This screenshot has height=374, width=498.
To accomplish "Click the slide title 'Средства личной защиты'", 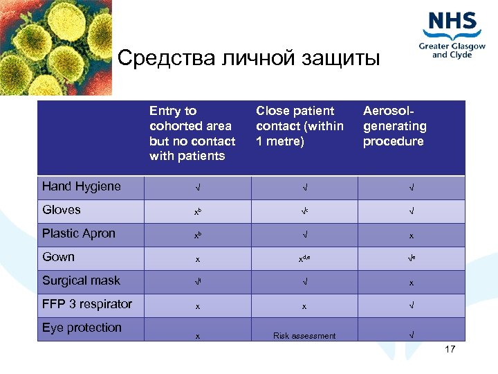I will [x=249, y=58].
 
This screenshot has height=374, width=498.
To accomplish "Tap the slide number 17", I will [x=450, y=349].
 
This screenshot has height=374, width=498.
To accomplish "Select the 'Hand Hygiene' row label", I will [x=81, y=186].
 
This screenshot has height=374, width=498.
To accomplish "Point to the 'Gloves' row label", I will [x=62, y=210].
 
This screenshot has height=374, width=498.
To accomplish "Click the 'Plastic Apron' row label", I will [x=78, y=233].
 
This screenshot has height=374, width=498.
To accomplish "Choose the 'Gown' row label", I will [x=58, y=257].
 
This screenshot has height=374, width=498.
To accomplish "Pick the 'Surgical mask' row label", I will [x=81, y=280].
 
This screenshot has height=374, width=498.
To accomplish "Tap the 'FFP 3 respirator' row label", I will [x=87, y=304].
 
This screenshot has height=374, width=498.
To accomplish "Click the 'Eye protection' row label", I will [x=82, y=328].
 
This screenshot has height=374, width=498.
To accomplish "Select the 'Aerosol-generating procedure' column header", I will [x=395, y=126].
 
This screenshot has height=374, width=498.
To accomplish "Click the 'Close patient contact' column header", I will [x=299, y=126].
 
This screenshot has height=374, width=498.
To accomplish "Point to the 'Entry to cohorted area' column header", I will [x=192, y=133].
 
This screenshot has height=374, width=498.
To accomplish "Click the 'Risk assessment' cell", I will [x=304, y=336].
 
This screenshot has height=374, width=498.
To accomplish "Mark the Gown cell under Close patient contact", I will [x=304, y=258].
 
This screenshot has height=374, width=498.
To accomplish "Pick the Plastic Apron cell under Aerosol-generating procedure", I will [x=412, y=235].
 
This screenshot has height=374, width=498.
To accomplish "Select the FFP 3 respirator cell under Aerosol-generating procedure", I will [x=412, y=305].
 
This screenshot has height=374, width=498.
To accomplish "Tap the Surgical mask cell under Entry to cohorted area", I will [x=198, y=282].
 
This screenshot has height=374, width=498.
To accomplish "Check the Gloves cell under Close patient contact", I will [x=304, y=211].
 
